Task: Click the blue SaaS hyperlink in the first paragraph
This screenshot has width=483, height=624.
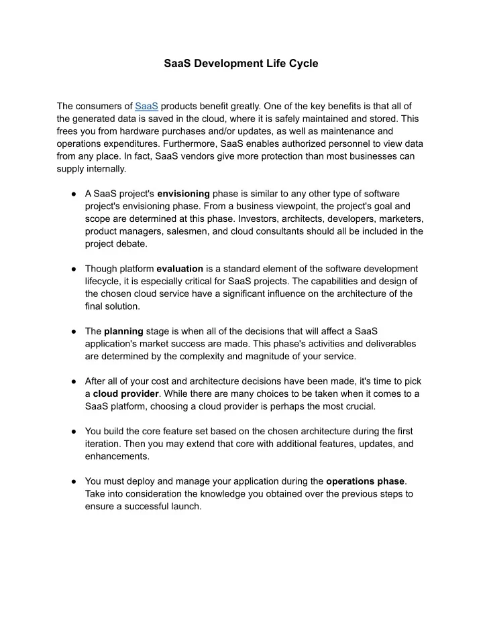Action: (146, 106)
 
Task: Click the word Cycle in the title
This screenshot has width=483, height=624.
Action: (302, 64)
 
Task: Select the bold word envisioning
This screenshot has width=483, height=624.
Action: (184, 194)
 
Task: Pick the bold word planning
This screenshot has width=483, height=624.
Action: (123, 331)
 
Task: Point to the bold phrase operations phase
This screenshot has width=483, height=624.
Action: (365, 481)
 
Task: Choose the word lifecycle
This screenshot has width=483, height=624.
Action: (106, 281)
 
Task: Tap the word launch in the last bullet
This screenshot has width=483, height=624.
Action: (186, 506)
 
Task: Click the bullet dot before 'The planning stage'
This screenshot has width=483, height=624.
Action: (70, 331)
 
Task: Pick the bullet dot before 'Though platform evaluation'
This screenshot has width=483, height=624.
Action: (70, 269)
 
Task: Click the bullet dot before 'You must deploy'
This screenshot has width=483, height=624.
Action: (70, 481)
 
